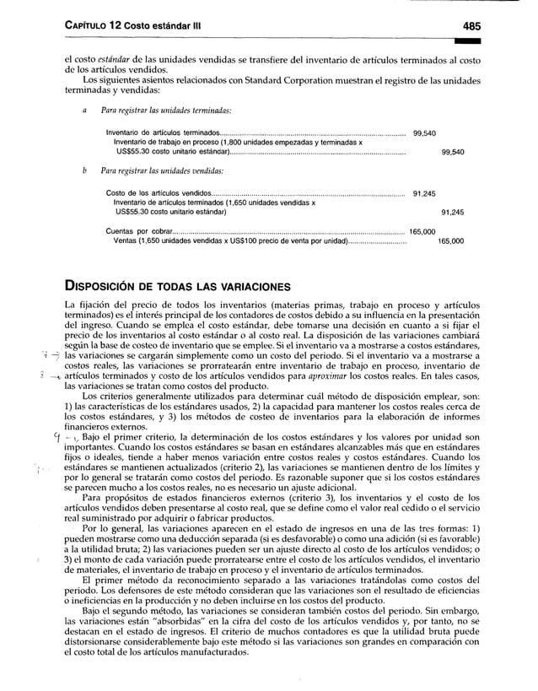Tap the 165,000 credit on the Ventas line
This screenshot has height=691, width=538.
(x=450, y=240)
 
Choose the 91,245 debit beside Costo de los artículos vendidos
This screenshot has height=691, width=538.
(x=423, y=193)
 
